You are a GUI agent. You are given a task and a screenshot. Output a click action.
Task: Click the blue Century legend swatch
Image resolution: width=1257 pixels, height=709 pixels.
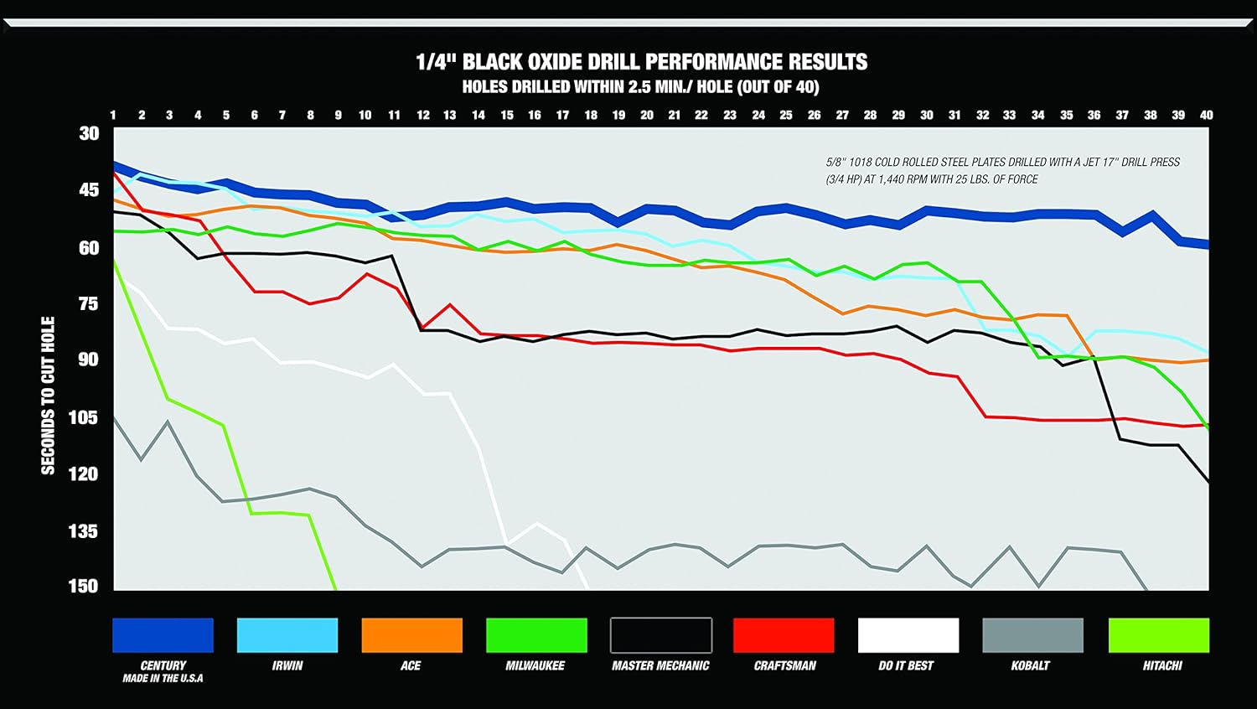click(163, 635)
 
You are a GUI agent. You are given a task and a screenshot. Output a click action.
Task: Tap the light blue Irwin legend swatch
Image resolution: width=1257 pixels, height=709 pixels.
click(287, 635)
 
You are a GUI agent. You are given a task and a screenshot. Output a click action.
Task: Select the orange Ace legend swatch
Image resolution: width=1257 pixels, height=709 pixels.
click(411, 635)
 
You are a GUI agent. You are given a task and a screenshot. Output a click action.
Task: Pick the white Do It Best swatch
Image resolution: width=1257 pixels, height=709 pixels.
click(908, 635)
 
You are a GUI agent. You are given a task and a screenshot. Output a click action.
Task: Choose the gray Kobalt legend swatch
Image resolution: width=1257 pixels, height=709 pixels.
click(1032, 635)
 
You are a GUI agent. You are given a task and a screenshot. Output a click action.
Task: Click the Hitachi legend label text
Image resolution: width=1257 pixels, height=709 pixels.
click(1162, 665)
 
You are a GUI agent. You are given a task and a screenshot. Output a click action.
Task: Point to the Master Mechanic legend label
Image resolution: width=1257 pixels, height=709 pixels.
click(660, 665)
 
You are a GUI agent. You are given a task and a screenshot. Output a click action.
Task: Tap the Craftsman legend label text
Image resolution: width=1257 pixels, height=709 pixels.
click(784, 665)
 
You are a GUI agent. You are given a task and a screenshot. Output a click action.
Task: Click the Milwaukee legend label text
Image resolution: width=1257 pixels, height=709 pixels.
click(535, 665)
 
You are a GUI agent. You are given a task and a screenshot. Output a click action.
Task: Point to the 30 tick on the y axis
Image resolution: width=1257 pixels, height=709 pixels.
click(89, 133)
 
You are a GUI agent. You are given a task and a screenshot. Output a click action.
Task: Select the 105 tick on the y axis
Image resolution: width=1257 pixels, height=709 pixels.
click(83, 417)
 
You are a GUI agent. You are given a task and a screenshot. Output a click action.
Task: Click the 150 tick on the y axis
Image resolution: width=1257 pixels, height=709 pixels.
click(83, 586)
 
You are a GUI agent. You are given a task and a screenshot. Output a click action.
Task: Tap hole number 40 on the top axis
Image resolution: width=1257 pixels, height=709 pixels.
click(1206, 115)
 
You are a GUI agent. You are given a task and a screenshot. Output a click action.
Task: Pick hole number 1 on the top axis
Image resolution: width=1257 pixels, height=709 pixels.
click(113, 115)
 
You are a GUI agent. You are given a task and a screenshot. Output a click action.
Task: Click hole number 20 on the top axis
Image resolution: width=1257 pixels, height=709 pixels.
click(647, 115)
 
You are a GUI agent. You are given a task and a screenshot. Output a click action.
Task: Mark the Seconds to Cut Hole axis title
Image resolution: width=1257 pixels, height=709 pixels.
click(48, 396)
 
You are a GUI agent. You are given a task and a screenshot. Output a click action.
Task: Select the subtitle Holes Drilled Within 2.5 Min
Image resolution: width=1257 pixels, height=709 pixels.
click(640, 87)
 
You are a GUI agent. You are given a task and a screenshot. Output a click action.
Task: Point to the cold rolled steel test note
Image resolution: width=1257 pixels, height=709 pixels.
click(1002, 170)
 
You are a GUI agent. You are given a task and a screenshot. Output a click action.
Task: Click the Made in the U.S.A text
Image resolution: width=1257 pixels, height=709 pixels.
click(163, 678)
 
